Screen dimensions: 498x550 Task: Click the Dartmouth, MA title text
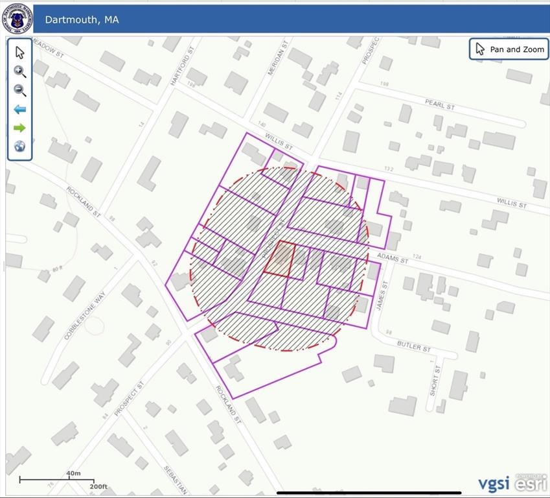click(82, 19)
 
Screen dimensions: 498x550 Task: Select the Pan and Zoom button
click(509, 49)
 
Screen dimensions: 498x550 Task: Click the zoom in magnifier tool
click(20, 72)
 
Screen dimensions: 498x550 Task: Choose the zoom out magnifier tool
click(20, 91)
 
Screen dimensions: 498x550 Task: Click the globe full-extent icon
click(20, 147)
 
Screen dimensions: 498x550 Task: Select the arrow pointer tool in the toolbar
click(20, 53)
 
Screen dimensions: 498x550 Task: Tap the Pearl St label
click(440, 104)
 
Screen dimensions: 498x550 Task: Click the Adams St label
click(395, 259)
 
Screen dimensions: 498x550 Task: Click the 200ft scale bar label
click(98, 486)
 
